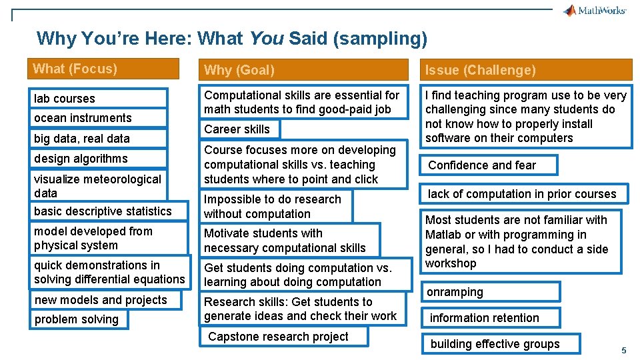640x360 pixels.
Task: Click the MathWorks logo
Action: pyautogui.click(x=594, y=10)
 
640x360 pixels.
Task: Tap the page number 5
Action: pyautogui.click(x=624, y=351)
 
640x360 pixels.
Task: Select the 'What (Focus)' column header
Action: pyautogui.click(x=105, y=69)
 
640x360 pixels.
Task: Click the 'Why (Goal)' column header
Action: pyautogui.click(x=305, y=69)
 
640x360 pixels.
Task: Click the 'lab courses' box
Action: pyautogui.click(x=98, y=98)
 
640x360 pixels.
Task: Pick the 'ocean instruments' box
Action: pyautogui.click(x=98, y=118)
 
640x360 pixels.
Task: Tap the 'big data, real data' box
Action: pyautogui.click(x=98, y=138)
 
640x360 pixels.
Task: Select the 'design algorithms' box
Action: pyautogui.click(x=98, y=159)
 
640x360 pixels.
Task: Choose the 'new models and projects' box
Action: pyautogui.click(x=107, y=300)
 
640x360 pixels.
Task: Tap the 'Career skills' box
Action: pyautogui.click(x=240, y=129)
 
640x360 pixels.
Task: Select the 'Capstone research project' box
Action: pyautogui.click(x=283, y=337)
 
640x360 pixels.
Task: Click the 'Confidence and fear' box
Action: pyautogui.click(x=489, y=165)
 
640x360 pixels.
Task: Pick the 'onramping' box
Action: pyautogui.click(x=491, y=292)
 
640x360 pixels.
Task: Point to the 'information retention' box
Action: pyautogui.click(x=491, y=318)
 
